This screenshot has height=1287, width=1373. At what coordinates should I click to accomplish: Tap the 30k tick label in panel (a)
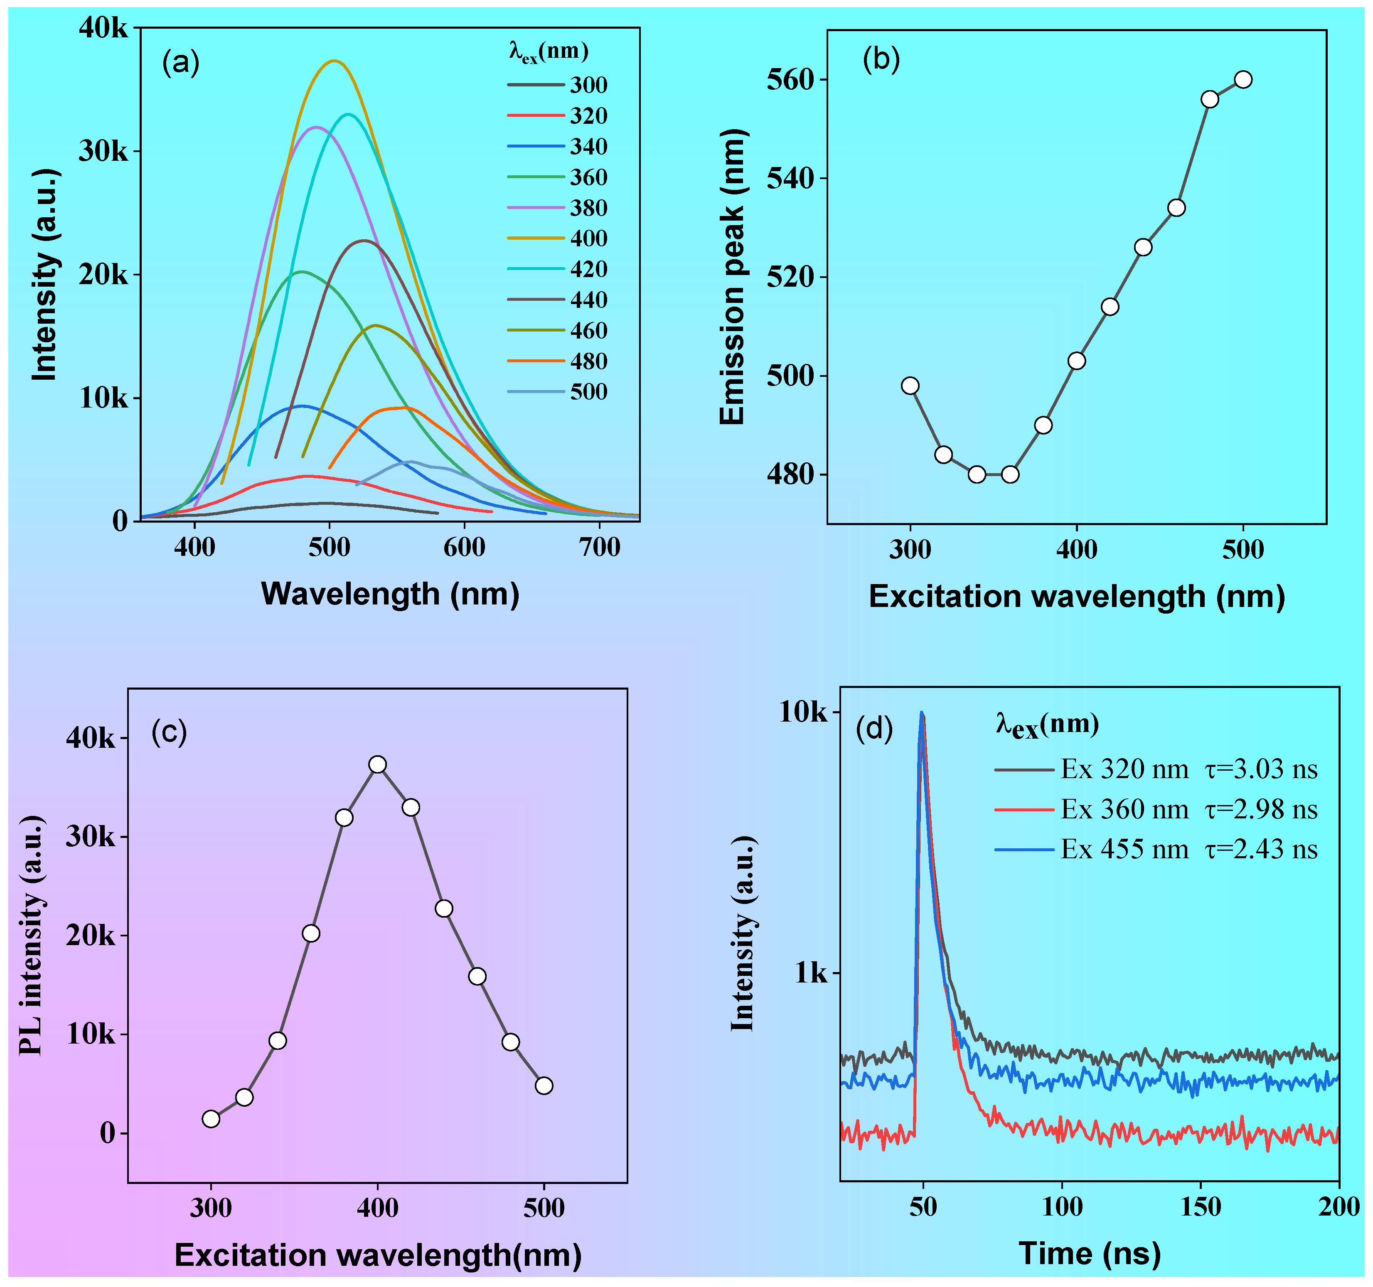tap(103, 151)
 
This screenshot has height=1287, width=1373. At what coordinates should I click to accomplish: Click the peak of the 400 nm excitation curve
tap(335, 61)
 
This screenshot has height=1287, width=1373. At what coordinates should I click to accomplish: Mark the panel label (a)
tap(181, 63)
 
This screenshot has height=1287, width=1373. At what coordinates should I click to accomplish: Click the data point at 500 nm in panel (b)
tap(1243, 79)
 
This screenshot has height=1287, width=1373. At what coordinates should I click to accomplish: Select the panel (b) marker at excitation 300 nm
tap(910, 385)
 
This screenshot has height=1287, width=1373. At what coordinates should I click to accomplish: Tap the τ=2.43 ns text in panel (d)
tap(1261, 849)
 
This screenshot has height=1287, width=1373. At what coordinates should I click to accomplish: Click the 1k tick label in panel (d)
tap(810, 973)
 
